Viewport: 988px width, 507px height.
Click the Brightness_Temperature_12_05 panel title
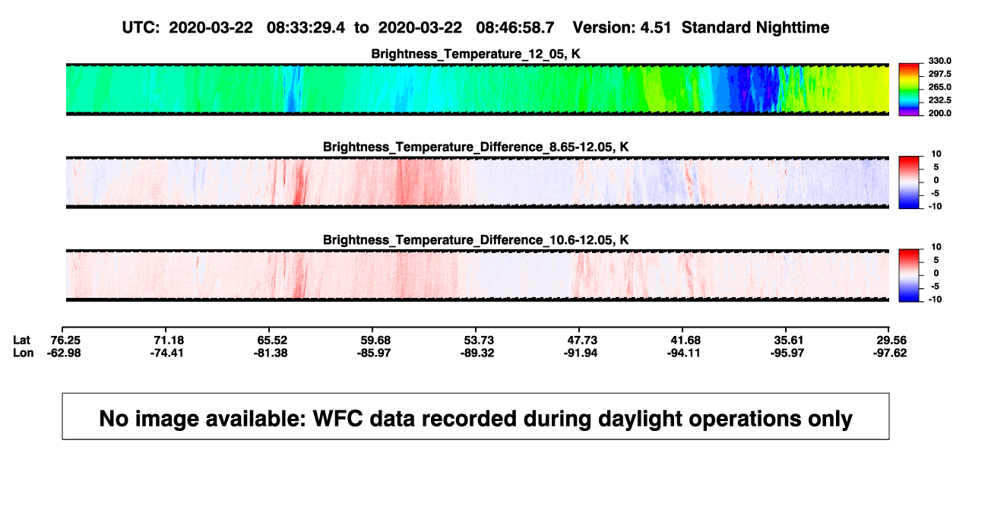click(476, 54)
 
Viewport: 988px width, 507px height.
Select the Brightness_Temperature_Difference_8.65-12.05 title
click(476, 147)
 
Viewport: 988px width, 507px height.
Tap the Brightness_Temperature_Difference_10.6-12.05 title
click(476, 240)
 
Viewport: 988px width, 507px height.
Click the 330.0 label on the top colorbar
click(939, 61)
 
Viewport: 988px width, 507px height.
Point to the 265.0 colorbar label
click(939, 87)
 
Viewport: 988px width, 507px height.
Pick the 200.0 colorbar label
click(939, 113)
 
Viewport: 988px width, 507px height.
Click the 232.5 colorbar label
click(939, 100)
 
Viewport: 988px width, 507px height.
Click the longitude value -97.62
click(890, 353)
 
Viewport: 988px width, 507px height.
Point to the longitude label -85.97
click(374, 353)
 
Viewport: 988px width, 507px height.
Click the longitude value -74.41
click(166, 353)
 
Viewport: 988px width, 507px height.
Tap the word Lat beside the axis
click(21, 341)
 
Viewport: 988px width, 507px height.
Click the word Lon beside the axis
click(24, 353)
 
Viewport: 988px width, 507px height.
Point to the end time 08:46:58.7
click(515, 28)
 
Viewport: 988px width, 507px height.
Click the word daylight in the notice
click(635, 419)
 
